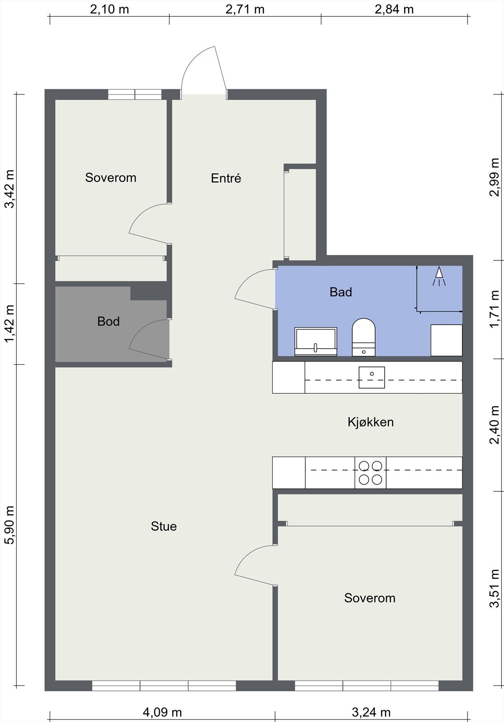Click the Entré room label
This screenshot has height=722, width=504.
[x=226, y=178]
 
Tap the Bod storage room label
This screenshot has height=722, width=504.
[x=108, y=321]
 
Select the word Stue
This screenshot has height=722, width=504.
[x=163, y=526]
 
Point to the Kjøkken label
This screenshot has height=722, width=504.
[x=370, y=422]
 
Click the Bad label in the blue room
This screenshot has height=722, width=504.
[x=341, y=292]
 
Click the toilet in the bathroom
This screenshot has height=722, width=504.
[x=364, y=337]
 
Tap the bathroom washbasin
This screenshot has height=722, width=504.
[x=316, y=342]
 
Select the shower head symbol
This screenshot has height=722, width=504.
[x=439, y=276]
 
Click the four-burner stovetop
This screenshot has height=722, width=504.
[x=370, y=472]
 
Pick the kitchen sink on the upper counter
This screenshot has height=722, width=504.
[x=372, y=377]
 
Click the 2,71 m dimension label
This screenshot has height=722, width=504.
[x=245, y=9]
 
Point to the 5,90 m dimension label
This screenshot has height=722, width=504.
[x=9, y=525]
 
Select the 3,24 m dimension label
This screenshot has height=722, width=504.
[x=371, y=712]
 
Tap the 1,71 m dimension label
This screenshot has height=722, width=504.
[x=495, y=309]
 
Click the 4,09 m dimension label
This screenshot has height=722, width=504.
[x=162, y=712]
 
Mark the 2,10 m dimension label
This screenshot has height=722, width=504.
[x=109, y=9]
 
